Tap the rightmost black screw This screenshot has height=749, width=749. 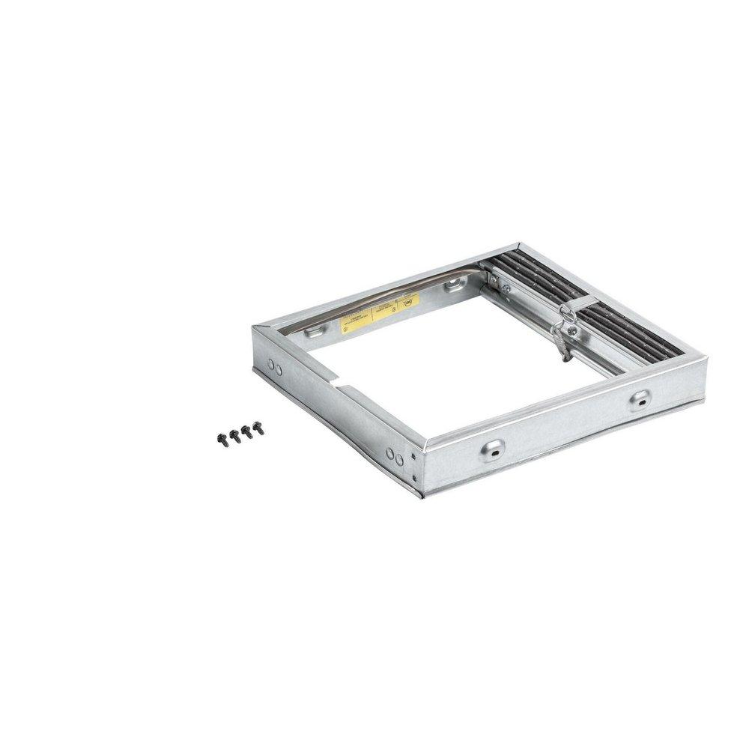click(x=258, y=428)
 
